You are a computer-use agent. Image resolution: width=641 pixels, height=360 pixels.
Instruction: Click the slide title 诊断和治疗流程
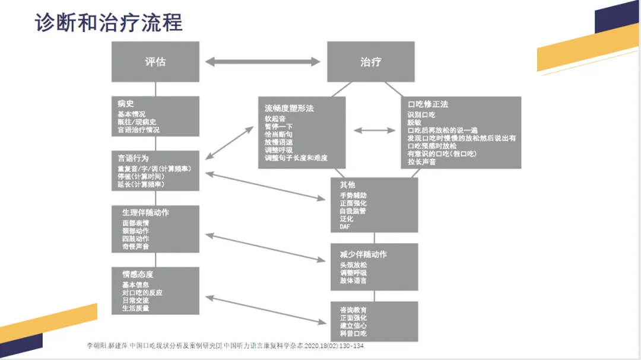pos(109,22)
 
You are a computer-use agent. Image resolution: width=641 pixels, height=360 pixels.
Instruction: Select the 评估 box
pos(156,62)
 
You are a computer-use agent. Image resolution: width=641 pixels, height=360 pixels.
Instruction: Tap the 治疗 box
pos(371,62)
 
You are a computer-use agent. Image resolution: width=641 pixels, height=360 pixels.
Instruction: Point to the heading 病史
pos(126,104)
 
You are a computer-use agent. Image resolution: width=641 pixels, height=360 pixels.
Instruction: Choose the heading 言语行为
pos(133,159)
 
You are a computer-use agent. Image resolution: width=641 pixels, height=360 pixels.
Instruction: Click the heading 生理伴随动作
pos(145,212)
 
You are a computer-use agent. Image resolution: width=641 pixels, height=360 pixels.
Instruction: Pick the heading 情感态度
pos(138,274)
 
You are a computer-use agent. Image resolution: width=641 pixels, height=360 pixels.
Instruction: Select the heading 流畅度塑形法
pos(289,109)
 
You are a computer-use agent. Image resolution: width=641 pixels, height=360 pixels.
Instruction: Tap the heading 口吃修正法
pos(428,104)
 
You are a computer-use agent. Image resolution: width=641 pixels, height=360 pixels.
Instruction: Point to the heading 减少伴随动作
pos(363,254)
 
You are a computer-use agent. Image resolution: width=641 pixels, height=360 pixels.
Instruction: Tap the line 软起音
pos(275,118)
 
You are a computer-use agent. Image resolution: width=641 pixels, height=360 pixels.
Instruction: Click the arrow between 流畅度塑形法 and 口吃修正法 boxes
pos(375,130)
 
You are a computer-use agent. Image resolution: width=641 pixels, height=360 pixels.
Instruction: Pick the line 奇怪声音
pos(136,246)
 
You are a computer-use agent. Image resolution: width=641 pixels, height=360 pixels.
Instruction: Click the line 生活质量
pos(136,308)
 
